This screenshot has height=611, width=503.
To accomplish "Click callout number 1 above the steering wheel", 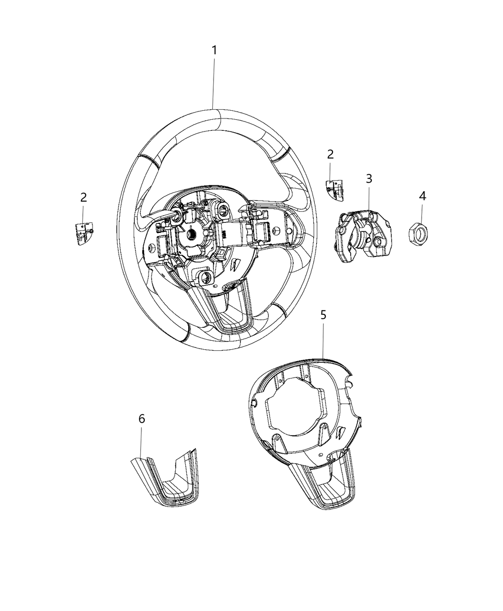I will (215, 50).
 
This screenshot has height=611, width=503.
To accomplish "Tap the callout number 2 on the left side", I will (83, 197).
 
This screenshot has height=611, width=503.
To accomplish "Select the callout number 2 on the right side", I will (331, 154).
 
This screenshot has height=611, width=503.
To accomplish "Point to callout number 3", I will (369, 179).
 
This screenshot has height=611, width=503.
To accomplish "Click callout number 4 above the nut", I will (422, 196).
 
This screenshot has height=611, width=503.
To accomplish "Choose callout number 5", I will (323, 315).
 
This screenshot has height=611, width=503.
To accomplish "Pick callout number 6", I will (141, 418).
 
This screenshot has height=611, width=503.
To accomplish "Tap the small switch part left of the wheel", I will (84, 233).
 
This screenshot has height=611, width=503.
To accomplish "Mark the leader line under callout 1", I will (214, 81).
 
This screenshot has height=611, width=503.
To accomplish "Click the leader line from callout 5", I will (323, 340).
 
